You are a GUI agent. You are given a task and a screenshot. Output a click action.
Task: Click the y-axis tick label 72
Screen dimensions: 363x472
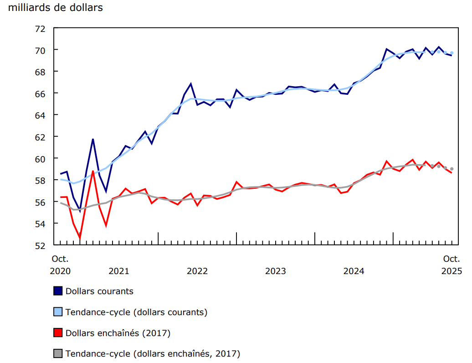[40, 28]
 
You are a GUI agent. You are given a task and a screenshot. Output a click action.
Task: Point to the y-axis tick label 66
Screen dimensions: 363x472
[40, 93]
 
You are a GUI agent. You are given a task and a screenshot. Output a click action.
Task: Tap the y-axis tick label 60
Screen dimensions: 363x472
[40, 159]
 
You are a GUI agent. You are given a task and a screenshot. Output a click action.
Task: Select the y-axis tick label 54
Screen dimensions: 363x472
[40, 224]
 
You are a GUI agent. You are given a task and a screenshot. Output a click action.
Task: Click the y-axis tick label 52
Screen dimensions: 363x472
[40, 245]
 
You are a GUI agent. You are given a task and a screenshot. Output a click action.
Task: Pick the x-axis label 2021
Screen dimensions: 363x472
[119, 271]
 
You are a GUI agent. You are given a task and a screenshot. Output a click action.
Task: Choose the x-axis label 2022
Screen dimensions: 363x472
[197, 271]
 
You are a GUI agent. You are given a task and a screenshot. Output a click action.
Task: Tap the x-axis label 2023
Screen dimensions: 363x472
[276, 271]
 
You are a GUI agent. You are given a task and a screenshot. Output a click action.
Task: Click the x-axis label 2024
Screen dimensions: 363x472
[354, 271]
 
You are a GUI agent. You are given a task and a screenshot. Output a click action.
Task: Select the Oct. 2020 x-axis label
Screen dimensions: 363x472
[60, 265]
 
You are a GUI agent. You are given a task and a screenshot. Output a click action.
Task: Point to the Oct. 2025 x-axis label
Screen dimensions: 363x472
[452, 265]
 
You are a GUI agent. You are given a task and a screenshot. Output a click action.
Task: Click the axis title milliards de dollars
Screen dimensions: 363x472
[56, 8]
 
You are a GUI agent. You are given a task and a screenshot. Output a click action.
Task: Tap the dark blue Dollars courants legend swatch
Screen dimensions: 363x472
[58, 290]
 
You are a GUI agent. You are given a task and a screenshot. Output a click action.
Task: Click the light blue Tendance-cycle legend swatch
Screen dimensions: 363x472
[58, 312]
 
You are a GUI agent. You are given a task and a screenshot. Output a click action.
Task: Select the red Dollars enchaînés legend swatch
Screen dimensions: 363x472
[58, 333]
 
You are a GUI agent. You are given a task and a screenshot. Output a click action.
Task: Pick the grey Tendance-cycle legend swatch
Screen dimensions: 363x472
[58, 353]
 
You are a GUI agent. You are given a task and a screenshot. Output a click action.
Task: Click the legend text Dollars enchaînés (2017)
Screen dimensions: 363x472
[118, 333]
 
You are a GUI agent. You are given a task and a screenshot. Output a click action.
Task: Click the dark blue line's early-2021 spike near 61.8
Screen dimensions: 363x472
[93, 139]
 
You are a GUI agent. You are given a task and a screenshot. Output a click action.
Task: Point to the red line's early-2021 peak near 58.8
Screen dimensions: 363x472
[93, 171]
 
